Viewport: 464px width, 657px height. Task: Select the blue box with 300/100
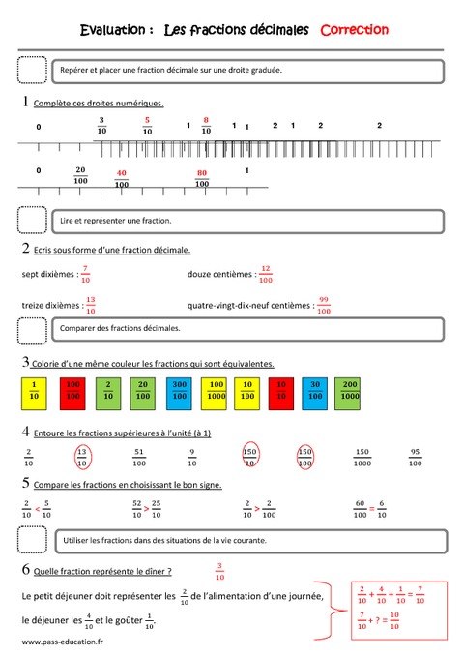pyautogui.click(x=180, y=390)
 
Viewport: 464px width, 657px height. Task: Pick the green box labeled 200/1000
pyautogui.click(x=350, y=390)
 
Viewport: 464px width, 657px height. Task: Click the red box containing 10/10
pyautogui.click(x=281, y=390)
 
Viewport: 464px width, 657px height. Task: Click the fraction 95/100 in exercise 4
pyautogui.click(x=414, y=456)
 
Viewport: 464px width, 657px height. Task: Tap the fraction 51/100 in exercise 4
pyautogui.click(x=139, y=456)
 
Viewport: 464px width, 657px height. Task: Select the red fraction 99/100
pyautogui.click(x=324, y=304)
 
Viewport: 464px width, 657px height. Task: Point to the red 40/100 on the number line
pyautogui.click(x=122, y=178)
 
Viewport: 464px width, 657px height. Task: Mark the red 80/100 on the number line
pyautogui.click(x=202, y=178)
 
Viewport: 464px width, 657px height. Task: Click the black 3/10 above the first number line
pyautogui.click(x=101, y=126)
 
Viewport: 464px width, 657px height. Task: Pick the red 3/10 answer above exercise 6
pyautogui.click(x=218, y=570)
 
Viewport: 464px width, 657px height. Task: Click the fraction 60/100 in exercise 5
pyautogui.click(x=361, y=508)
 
